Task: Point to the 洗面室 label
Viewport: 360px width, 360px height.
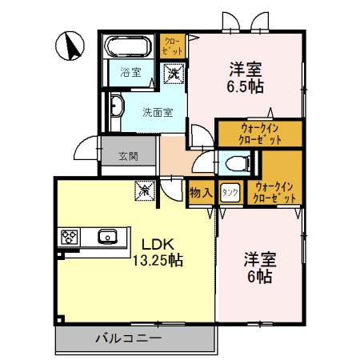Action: click(157, 112)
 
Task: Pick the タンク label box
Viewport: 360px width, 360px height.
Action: click(229, 192)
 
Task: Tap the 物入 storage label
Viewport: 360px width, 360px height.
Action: click(200, 192)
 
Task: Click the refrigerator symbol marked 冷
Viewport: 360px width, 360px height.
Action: click(145, 192)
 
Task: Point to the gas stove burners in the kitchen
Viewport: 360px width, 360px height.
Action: click(69, 236)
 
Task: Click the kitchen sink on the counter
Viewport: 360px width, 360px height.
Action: click(107, 236)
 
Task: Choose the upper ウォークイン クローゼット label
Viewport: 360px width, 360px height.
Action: click(250, 133)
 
